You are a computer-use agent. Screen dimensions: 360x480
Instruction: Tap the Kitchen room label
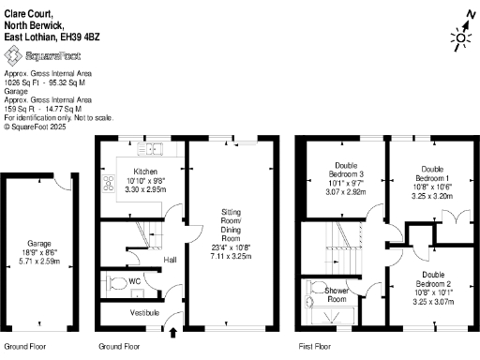[x=144, y=172]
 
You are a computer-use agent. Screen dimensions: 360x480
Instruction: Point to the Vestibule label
[x=143, y=312]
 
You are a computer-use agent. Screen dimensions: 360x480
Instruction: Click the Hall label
[x=170, y=260]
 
